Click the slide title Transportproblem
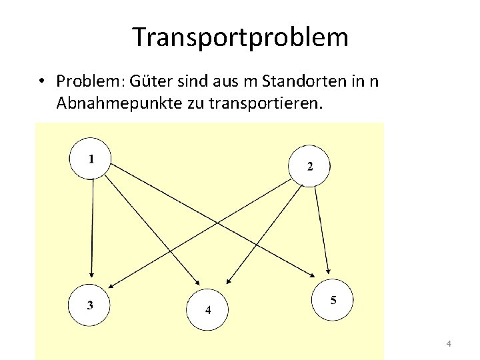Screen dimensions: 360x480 [x=240, y=37]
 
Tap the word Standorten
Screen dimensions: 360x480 [x=298, y=81]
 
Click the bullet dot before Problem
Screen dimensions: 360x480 [x=41, y=81]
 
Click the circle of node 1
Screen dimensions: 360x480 [x=91, y=159]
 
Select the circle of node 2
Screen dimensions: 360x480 [x=309, y=165]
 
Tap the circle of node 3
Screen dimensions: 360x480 [x=90, y=305]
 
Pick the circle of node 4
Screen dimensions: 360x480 [x=207, y=309]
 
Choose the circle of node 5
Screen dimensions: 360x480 [x=332, y=300]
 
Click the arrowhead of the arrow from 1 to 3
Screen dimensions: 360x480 [x=92, y=278]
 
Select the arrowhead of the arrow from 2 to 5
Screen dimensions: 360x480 [x=327, y=271]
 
